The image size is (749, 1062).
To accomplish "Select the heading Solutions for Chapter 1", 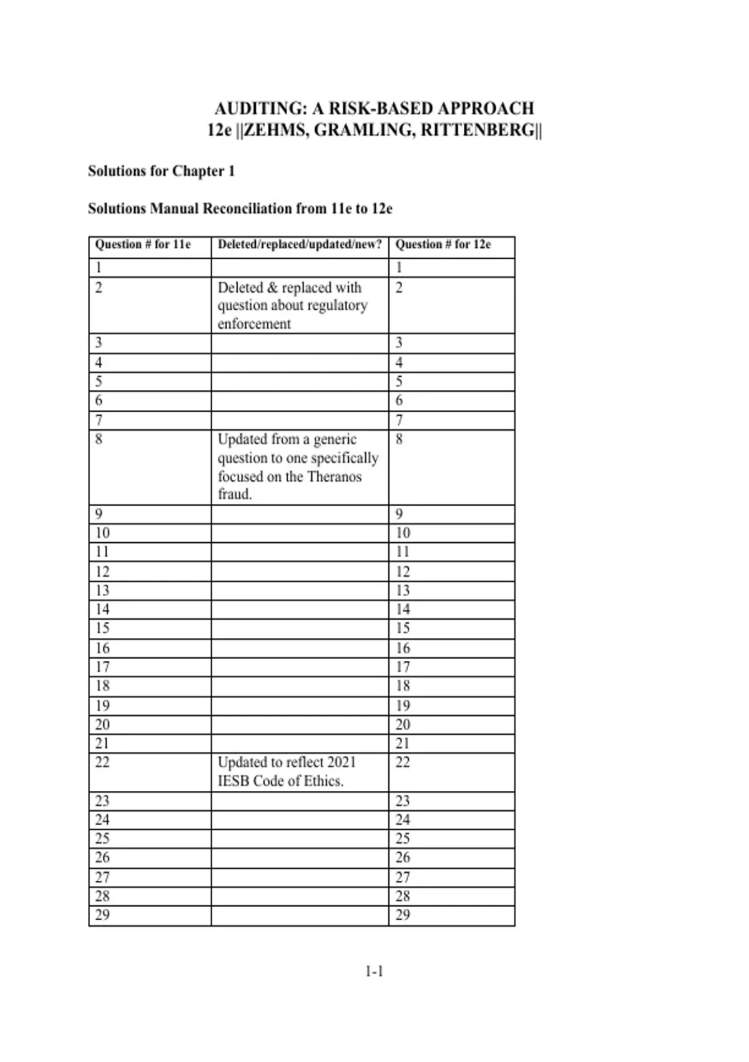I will (161, 171).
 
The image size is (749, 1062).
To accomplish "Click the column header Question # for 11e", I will (142, 244).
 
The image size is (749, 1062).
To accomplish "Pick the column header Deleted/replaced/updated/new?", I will (300, 244).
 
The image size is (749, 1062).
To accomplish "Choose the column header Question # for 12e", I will (443, 244).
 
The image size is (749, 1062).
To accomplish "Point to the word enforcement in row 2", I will (254, 324).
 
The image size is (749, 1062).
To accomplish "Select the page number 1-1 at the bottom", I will (374, 971).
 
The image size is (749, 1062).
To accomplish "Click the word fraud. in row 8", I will (235, 495).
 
